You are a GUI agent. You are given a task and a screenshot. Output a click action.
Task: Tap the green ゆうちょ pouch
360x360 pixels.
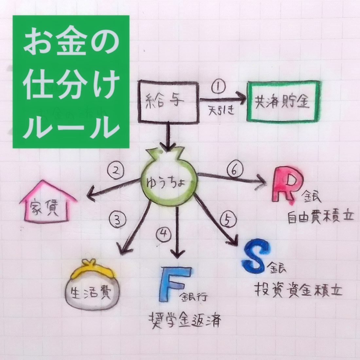click(169, 182)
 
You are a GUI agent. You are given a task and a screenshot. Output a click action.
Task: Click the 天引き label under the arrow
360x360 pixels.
click(222, 110)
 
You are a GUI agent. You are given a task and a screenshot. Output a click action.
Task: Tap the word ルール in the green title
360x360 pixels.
click(71, 126)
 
